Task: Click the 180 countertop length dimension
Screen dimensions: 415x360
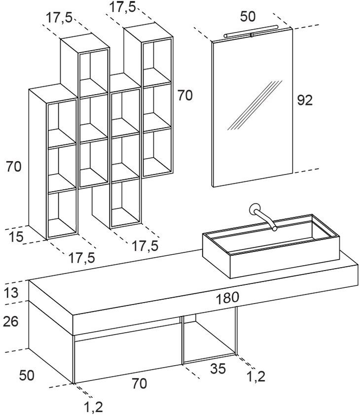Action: click(x=227, y=298)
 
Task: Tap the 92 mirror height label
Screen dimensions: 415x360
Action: click(x=305, y=100)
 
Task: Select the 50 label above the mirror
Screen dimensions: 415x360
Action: click(x=248, y=17)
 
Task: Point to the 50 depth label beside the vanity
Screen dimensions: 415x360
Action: click(x=27, y=375)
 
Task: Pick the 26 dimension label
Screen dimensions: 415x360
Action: click(x=11, y=322)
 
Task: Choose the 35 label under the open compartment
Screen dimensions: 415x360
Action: click(x=218, y=369)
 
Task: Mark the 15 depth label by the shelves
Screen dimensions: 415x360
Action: click(x=16, y=237)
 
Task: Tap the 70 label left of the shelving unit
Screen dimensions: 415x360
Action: click(x=14, y=167)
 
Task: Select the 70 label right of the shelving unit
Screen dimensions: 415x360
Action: click(x=185, y=96)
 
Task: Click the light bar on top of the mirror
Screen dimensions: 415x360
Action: click(x=252, y=34)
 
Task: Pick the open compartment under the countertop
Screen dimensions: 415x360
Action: click(x=208, y=340)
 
